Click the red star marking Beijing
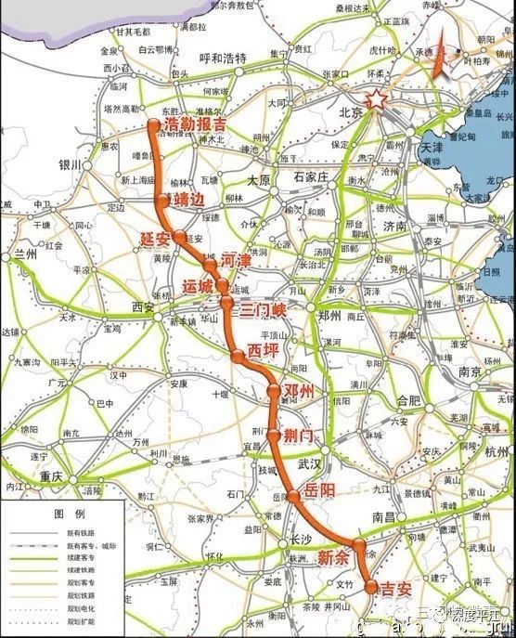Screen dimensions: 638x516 [377, 100]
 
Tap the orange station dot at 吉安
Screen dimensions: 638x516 [371, 587]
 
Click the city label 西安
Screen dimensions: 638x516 [145, 306]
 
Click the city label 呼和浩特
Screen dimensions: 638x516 [226, 58]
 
